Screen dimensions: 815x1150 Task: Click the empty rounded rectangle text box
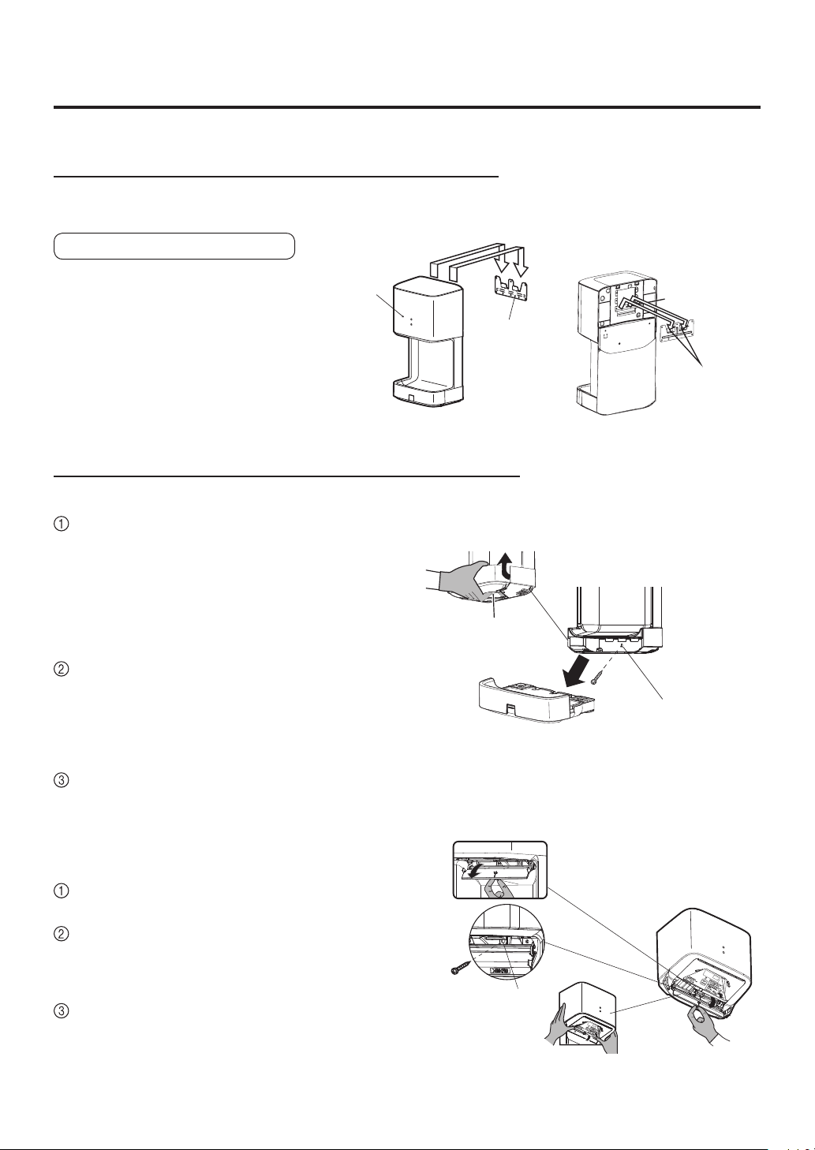174,246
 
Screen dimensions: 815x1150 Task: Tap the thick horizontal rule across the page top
407,107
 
